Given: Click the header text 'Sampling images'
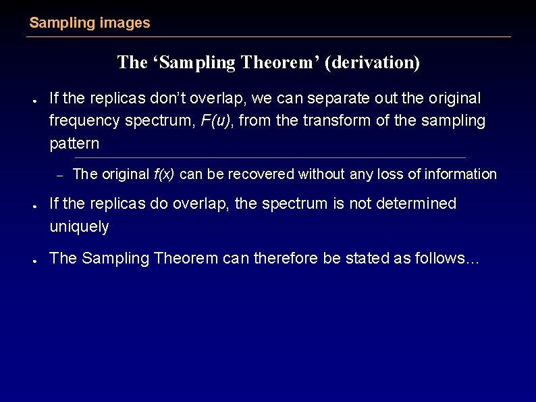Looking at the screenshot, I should pyautogui.click(x=90, y=23).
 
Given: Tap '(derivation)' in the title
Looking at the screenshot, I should pyautogui.click(x=372, y=63).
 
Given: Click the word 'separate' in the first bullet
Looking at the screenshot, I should pyautogui.click(x=336, y=99).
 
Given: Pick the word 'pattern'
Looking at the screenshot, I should pyautogui.click(x=74, y=144).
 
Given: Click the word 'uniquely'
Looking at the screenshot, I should pyautogui.click(x=79, y=227).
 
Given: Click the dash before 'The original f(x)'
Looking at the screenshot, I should pyautogui.click(x=59, y=175).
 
